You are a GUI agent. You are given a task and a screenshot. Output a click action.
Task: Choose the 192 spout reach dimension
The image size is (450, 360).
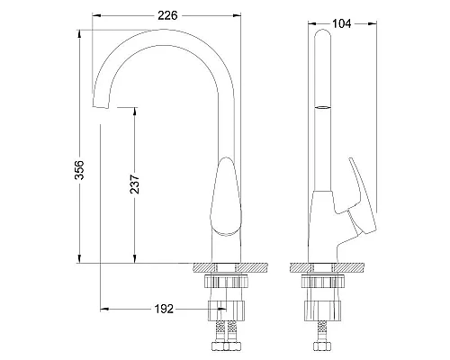(x=162, y=308)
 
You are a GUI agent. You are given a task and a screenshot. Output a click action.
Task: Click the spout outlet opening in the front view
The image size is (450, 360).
(x=99, y=107)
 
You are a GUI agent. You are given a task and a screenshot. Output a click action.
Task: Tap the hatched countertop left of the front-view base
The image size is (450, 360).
(x=203, y=267)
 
